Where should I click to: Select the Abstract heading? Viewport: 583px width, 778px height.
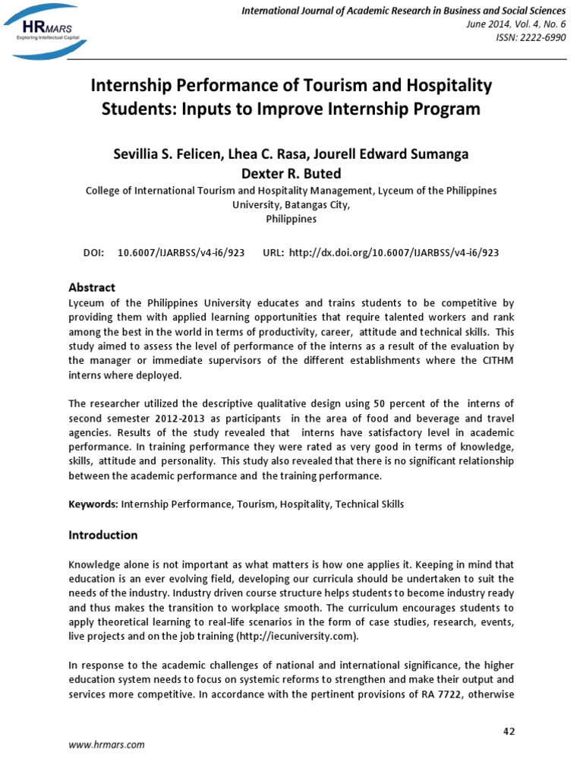pyautogui.click(x=92, y=287)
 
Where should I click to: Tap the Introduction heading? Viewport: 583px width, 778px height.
pyautogui.click(x=103, y=535)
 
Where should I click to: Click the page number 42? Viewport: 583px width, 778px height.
pyautogui.click(x=509, y=731)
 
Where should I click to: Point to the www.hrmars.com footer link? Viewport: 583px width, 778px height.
pyautogui.click(x=106, y=745)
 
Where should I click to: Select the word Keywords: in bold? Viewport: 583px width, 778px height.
pyautogui.click(x=93, y=504)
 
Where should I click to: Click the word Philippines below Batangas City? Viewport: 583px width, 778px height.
pyautogui.click(x=291, y=219)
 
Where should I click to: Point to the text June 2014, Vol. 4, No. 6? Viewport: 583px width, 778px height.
pyautogui.click(x=515, y=24)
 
